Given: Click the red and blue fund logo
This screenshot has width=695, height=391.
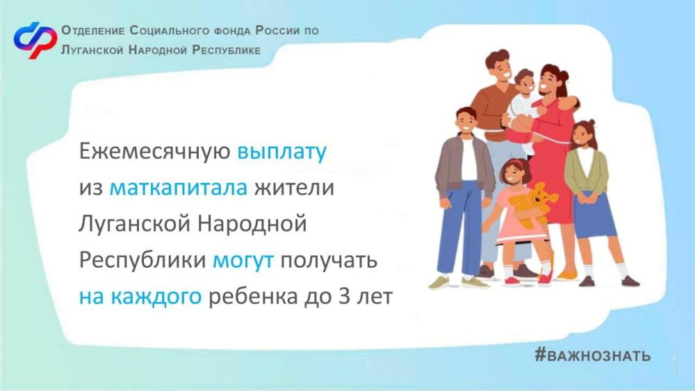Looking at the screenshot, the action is [x=35, y=40].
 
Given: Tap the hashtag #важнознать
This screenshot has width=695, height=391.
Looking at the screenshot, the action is [x=593, y=355].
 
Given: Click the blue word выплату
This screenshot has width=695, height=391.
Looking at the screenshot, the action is [x=282, y=152].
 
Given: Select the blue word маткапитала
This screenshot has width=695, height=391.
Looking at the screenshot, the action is [x=178, y=187].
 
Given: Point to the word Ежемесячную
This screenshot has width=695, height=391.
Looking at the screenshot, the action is [x=155, y=151].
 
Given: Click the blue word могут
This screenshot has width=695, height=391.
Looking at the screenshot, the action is [x=243, y=260].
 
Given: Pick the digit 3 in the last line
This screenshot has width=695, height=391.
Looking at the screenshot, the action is [x=345, y=296].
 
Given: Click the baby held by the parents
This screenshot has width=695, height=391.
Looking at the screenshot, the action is [x=524, y=107].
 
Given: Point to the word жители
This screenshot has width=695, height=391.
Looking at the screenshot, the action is [x=294, y=187].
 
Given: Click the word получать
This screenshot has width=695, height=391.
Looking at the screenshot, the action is [x=329, y=260].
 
